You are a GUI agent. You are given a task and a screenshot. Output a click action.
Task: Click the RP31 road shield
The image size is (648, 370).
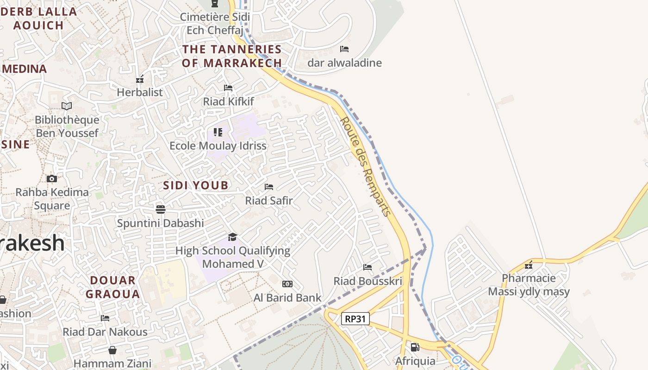(355, 318)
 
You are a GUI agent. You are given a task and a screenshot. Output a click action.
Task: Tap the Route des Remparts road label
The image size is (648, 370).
(366, 166)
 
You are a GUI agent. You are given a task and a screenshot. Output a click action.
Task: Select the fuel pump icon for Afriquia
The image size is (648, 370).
(415, 347)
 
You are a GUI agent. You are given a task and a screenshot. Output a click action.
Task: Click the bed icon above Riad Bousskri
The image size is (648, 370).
(368, 267)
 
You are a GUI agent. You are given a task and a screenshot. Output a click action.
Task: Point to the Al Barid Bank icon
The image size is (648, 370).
(287, 284)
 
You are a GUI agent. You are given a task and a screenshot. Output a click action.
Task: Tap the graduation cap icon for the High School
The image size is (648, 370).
(232, 237)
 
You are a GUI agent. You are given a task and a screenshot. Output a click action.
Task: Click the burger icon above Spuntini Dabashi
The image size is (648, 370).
(161, 209)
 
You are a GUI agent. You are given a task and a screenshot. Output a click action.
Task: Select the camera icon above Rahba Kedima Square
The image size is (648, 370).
(52, 179)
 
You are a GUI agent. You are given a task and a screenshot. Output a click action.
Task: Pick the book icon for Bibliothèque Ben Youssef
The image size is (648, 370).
(67, 106)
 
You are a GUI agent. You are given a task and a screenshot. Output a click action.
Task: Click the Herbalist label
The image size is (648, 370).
(140, 92)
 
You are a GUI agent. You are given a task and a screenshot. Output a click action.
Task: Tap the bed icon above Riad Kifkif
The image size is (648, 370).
(228, 87)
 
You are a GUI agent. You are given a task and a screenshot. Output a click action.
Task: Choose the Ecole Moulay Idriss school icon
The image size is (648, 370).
(218, 132)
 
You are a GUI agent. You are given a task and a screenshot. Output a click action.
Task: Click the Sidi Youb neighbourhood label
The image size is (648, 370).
(196, 185)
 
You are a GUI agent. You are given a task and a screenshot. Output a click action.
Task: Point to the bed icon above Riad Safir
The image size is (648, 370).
(269, 187)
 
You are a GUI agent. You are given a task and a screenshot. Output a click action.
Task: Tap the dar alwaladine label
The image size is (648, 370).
(345, 63)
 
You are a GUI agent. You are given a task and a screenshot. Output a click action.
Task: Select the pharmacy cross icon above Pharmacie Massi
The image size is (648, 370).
(529, 265)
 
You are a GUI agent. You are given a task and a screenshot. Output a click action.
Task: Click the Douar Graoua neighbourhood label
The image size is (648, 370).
(112, 287)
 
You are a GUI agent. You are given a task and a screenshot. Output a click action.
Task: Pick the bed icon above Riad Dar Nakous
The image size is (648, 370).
(105, 318)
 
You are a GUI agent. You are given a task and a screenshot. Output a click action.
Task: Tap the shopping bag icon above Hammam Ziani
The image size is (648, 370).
(112, 350)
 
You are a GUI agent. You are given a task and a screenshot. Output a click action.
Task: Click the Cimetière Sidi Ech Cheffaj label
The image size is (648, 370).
(215, 24)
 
